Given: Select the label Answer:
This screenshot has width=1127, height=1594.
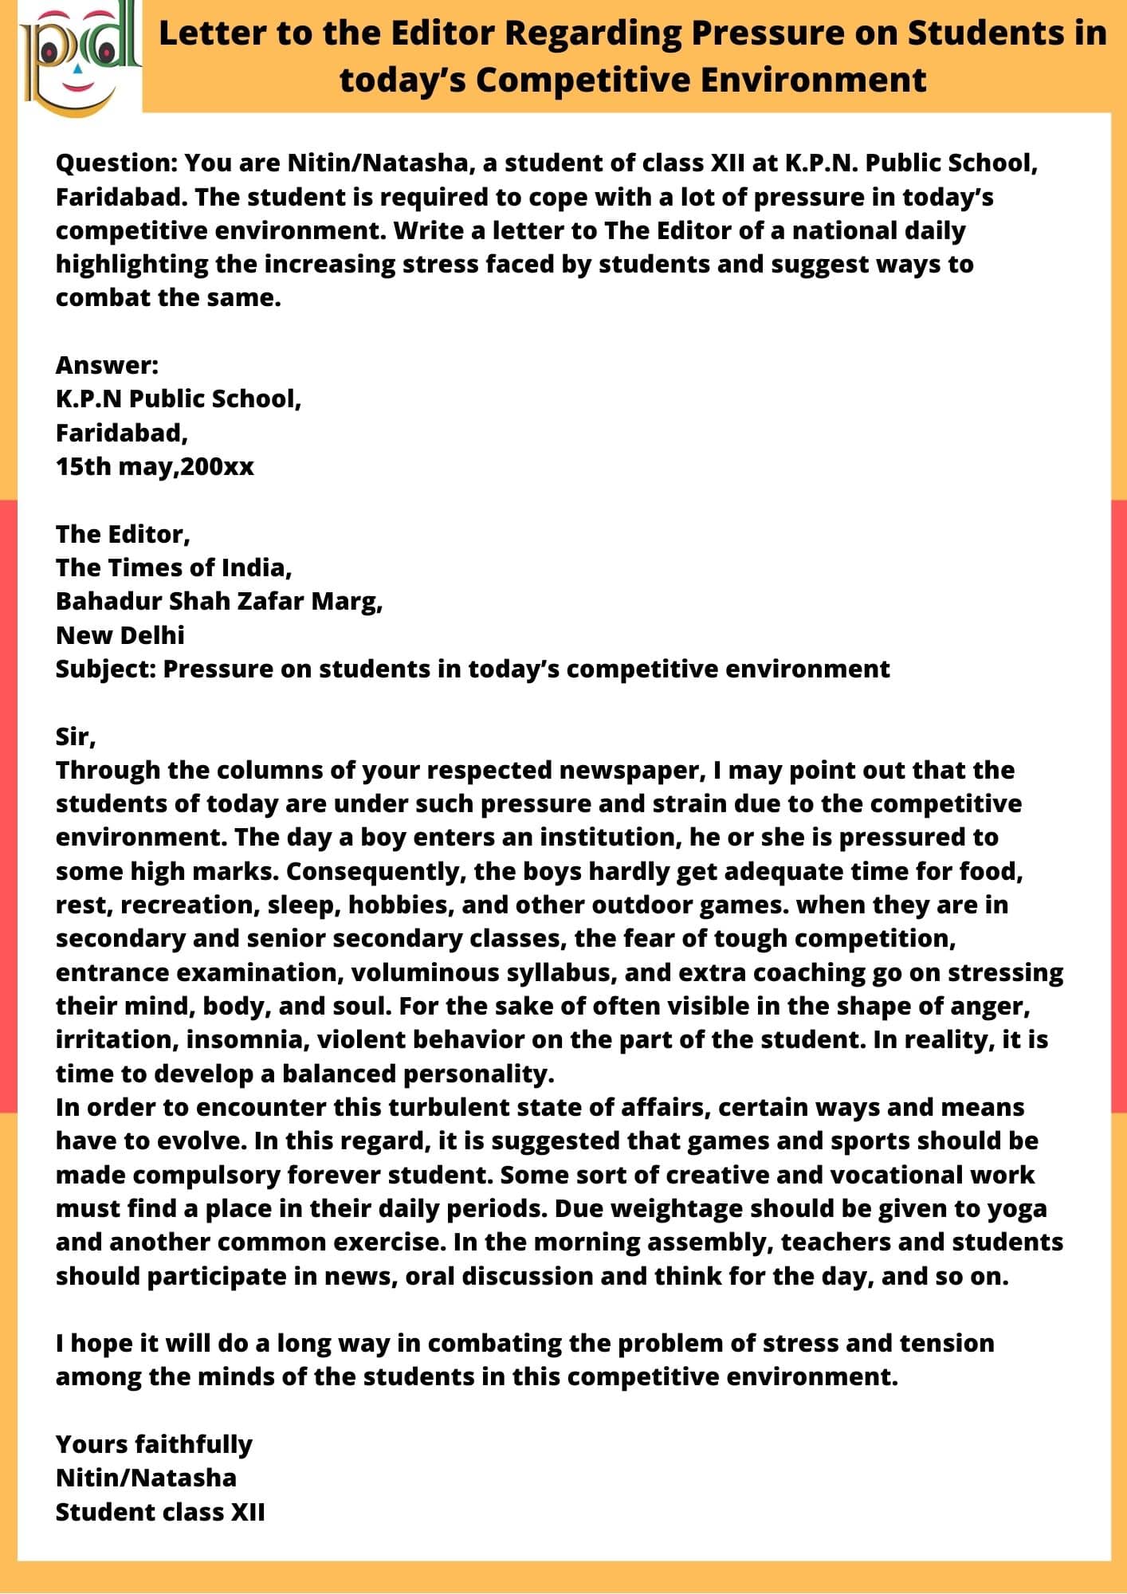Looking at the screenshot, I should click(x=107, y=365).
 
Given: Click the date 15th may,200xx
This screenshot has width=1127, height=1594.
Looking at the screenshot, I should click(x=155, y=466).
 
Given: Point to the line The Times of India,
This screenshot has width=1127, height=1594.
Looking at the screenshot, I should click(x=174, y=567).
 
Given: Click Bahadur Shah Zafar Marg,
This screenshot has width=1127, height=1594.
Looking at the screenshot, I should click(x=219, y=601).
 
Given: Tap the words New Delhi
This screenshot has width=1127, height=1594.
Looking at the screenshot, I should click(x=120, y=635).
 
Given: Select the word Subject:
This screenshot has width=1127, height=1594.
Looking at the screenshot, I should click(x=105, y=669).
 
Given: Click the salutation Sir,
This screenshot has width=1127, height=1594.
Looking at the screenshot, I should click(x=76, y=736).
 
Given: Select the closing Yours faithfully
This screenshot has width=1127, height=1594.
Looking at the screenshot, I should click(x=154, y=1444).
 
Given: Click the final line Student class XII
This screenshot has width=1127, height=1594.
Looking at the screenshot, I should click(x=160, y=1512).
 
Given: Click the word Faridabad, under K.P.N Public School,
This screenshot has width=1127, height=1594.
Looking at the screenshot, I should click(x=122, y=433).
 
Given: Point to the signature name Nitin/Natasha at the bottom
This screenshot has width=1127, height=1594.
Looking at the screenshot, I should click(x=146, y=1478).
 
